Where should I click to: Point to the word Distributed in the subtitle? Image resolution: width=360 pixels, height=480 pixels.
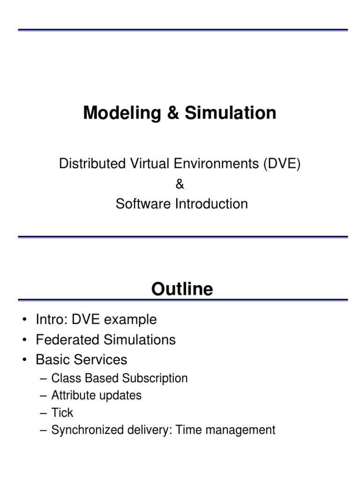click(x=87, y=164)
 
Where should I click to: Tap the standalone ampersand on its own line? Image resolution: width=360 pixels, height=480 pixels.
click(x=180, y=184)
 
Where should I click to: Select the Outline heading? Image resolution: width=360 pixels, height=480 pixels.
click(x=182, y=289)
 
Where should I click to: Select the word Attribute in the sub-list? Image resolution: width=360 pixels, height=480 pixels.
click(x=73, y=395)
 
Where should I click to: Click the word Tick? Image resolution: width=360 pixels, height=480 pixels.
click(x=62, y=412)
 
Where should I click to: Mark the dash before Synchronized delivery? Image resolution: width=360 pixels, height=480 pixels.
click(x=44, y=430)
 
